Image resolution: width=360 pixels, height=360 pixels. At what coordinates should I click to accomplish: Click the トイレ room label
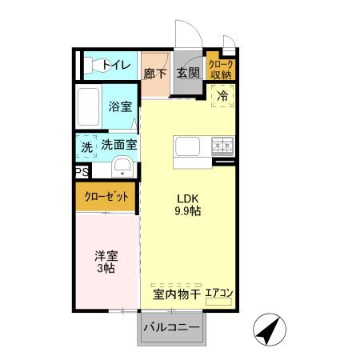[x=116, y=65]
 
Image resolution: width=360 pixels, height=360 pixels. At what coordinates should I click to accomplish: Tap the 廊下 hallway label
[x=154, y=73]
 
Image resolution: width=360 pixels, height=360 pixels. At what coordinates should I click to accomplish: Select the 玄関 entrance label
[x=188, y=73]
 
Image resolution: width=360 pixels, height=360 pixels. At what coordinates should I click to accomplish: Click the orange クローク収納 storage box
[x=220, y=69]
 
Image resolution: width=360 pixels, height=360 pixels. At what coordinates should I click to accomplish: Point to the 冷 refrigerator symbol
[x=222, y=95]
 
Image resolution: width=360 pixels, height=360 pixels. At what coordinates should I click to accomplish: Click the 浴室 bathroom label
[x=120, y=106]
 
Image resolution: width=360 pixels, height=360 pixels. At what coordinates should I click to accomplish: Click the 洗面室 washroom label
[x=118, y=146]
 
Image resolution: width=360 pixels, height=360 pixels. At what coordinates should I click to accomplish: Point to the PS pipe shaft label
[x=82, y=172]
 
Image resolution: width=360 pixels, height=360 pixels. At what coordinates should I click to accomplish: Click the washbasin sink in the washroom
[x=122, y=167]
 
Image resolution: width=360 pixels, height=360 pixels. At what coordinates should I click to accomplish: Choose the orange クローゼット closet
[x=106, y=196]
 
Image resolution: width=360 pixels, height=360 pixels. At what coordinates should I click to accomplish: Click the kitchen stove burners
[x=222, y=146]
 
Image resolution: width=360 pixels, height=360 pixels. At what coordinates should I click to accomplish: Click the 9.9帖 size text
[x=188, y=212]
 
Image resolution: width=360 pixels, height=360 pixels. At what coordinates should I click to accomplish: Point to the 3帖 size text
[x=106, y=269]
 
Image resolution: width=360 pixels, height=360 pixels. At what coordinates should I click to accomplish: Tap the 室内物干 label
[x=176, y=294]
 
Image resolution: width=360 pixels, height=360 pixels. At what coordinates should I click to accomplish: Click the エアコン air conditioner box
[x=218, y=294]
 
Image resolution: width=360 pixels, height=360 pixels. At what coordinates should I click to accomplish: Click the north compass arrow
[x=270, y=329]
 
